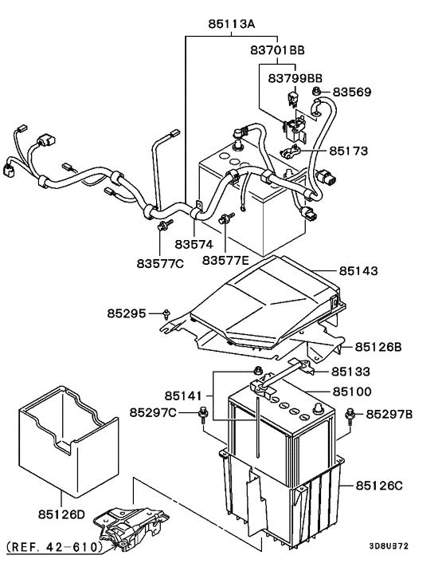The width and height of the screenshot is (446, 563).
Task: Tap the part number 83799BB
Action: [295, 78]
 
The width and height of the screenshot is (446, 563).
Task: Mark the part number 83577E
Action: [226, 261]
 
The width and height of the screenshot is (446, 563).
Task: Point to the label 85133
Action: [351, 371]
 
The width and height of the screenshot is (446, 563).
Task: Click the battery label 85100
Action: [351, 392]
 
